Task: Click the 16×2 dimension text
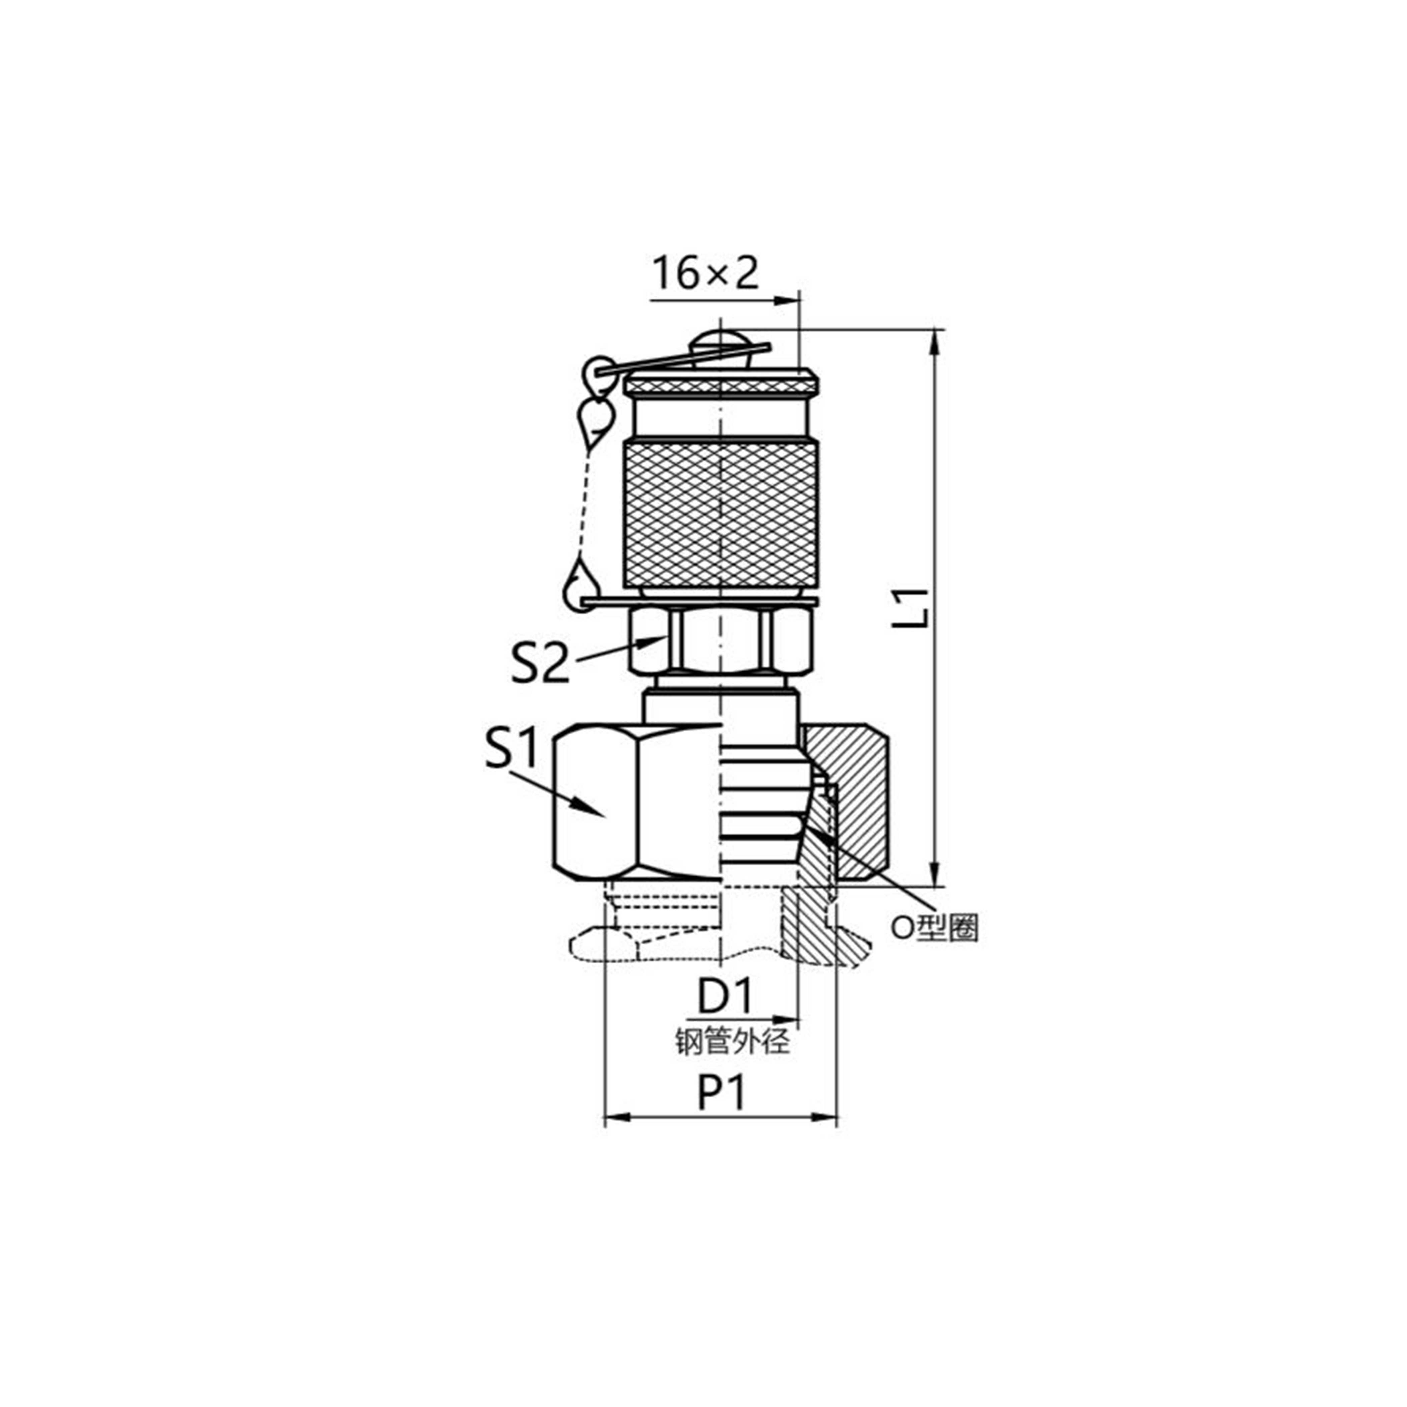coord(705,273)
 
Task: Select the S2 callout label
coord(540,664)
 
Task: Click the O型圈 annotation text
coord(936,928)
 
